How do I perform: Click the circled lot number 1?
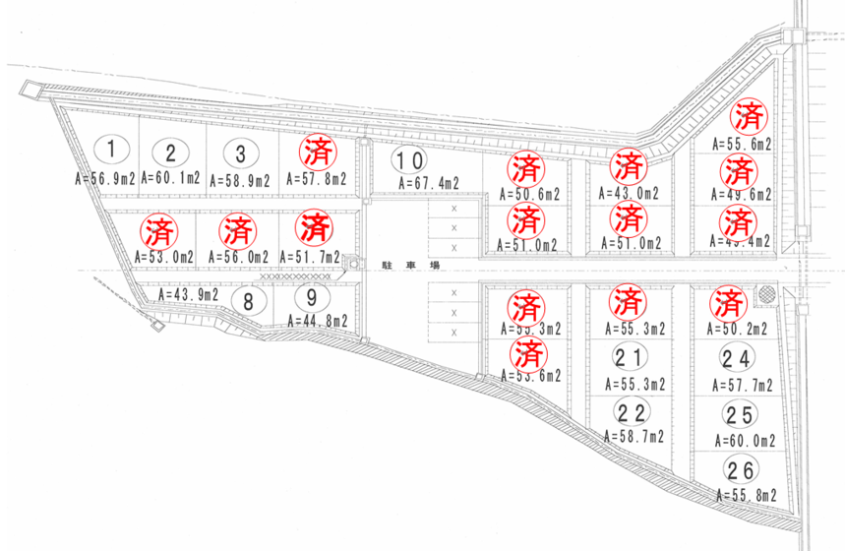[113, 150]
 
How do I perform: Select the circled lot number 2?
[171, 153]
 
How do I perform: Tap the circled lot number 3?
[239, 153]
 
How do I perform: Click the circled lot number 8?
[249, 300]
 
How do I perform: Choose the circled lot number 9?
[311, 297]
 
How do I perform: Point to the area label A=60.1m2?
[171, 179]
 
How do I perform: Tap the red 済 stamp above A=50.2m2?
[728, 300]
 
